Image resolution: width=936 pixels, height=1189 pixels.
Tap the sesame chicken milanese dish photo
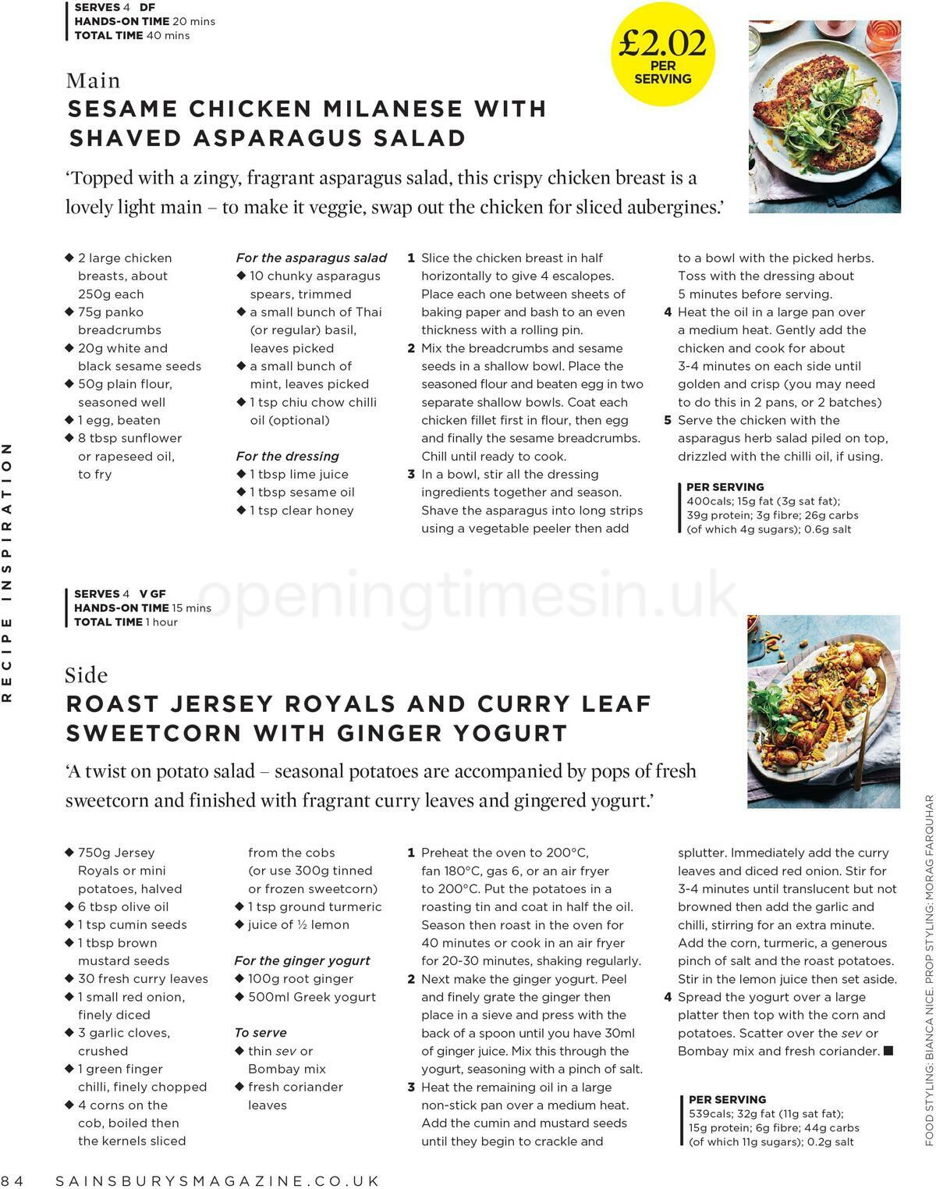tap(824, 117)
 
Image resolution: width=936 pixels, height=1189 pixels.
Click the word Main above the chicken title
tap(94, 80)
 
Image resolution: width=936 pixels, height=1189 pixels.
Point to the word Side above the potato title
tap(87, 675)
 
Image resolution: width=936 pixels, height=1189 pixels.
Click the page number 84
tap(13, 1180)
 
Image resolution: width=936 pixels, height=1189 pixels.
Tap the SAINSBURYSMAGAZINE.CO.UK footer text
tap(218, 1180)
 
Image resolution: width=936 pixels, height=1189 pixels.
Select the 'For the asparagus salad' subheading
tap(311, 258)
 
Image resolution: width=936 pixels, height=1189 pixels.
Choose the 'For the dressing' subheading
tap(288, 456)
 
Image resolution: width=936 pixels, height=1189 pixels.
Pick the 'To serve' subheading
tap(261, 1032)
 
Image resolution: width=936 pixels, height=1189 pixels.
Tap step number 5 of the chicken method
tap(668, 420)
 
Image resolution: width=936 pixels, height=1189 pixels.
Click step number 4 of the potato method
tap(668, 997)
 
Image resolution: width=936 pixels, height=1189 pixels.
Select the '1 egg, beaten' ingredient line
tap(119, 420)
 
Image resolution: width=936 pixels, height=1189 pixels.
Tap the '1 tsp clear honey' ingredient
tap(301, 511)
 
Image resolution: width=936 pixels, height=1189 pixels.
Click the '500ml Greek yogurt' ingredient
tap(311, 997)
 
